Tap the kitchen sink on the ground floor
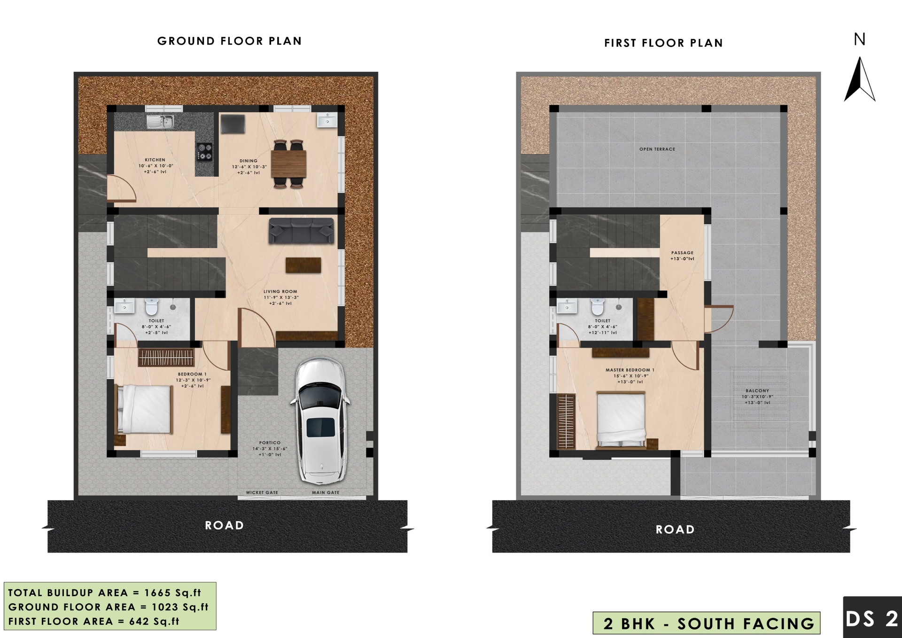point(160,122)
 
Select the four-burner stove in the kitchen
point(204,152)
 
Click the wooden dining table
point(288,164)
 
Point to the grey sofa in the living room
point(301,231)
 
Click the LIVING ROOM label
point(280,291)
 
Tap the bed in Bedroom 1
point(145,409)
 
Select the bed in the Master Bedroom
point(621,420)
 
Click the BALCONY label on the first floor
point(757,390)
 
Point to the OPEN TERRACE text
point(657,149)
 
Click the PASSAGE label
point(682,253)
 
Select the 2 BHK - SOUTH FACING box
point(706,623)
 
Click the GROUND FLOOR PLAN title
point(229,41)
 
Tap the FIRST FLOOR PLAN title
point(663,43)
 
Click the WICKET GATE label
point(262,492)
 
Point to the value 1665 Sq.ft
point(172,593)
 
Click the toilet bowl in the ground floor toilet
point(151,307)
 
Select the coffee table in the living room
point(303,265)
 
